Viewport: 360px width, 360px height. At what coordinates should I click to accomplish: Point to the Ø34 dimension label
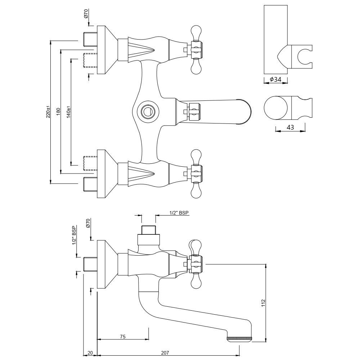pos(275,79)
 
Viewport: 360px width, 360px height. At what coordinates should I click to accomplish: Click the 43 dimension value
pos(291,127)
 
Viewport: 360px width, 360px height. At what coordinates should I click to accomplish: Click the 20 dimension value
pos(90,353)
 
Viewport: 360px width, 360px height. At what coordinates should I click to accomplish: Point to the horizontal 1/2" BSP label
pos(179,213)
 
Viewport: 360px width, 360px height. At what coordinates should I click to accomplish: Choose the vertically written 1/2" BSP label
pos(74,235)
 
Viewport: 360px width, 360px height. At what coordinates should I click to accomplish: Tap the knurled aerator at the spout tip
pos(240,338)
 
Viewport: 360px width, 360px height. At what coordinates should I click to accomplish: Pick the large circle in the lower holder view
pos(276,108)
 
